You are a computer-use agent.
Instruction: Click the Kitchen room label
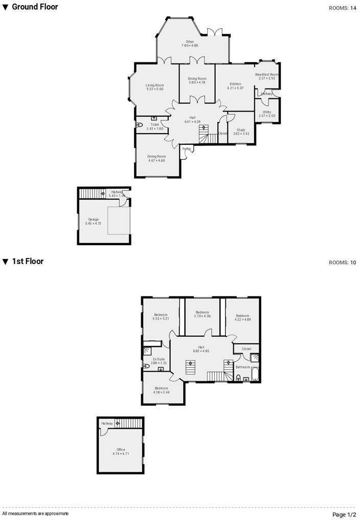tap(235, 84)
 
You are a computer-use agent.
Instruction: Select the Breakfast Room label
tap(267, 74)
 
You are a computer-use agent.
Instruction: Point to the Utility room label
tap(267, 112)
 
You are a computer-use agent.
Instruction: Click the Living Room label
tap(154, 85)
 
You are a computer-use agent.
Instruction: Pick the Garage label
tap(93, 219)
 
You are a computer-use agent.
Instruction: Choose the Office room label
tap(121, 449)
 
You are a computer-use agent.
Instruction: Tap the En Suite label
tap(159, 359)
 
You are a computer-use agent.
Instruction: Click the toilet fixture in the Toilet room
tap(140, 125)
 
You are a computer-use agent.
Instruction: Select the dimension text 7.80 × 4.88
tap(190, 46)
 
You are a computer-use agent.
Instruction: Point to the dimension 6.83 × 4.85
tap(201, 351)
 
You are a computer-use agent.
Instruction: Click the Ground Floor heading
tap(35, 7)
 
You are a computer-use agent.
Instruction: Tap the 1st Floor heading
tap(28, 262)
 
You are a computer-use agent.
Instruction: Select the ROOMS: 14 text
tap(342, 8)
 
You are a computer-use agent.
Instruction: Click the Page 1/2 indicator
tap(344, 514)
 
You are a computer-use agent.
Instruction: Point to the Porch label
tap(187, 149)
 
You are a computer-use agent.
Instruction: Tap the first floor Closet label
tap(246, 349)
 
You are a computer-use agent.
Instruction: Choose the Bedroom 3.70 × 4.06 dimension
tap(202, 316)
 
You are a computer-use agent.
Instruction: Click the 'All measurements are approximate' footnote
tap(35, 513)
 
